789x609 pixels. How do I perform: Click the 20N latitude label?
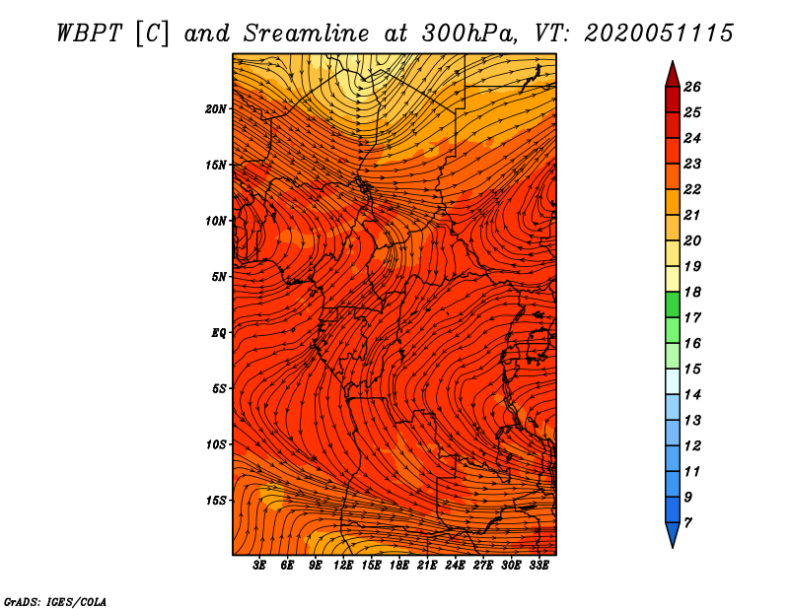215,109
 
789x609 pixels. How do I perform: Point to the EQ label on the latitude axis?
218,333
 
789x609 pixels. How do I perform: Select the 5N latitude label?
219,277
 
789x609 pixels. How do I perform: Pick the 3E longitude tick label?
259,566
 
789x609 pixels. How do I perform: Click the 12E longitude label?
343,566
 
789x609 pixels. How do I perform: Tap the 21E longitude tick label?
427,566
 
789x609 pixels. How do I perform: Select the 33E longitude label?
538,566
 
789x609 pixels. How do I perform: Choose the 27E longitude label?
483,566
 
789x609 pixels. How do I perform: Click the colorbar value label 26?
692,87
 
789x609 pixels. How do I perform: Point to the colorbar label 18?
692,292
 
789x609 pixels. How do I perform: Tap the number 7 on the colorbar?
687,523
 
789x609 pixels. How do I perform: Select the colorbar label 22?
692,189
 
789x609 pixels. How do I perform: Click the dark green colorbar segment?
673,304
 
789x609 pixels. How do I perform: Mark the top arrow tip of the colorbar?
673,61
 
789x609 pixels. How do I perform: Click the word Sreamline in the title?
307,34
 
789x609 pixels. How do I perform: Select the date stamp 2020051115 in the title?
659,34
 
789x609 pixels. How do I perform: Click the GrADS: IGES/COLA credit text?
55,602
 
